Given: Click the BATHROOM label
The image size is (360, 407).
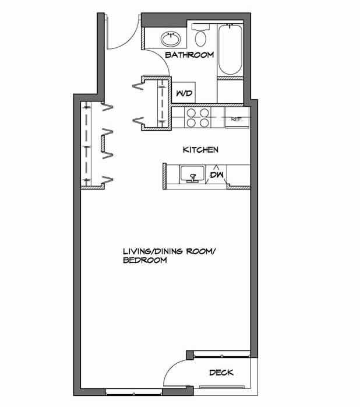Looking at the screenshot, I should point(189,55).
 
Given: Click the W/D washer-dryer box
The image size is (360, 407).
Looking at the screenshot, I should point(185,93).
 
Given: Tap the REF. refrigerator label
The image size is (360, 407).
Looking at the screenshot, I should point(237,119).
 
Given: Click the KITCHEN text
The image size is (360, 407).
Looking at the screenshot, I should point(200,150).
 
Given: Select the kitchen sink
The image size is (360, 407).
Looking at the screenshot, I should point(190,174).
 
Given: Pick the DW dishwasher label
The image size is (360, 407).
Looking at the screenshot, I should point(217,174).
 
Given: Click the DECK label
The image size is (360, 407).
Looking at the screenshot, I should point(221,373).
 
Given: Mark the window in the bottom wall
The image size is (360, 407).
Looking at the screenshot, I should point(133,390).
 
